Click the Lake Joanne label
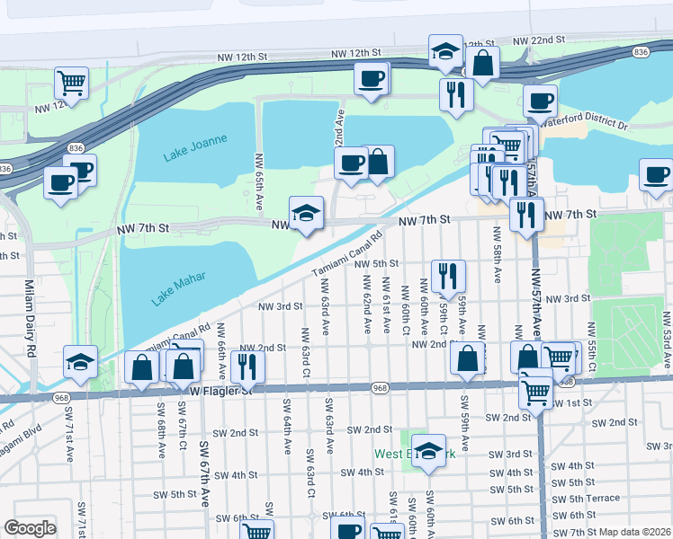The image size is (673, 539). (195, 147)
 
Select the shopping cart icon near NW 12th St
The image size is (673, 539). (71, 83)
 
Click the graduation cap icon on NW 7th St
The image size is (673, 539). (306, 213)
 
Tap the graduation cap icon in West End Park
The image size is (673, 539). (429, 453)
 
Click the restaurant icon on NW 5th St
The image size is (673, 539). (448, 276)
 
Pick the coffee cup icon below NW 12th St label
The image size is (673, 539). (371, 78)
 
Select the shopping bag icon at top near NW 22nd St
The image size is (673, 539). (483, 63)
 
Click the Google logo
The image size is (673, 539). (31, 528)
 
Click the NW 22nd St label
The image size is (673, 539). (538, 40)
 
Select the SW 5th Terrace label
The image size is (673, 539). (586, 499)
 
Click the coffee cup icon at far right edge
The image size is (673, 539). (655, 174)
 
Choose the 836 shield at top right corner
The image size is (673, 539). (641, 53)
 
